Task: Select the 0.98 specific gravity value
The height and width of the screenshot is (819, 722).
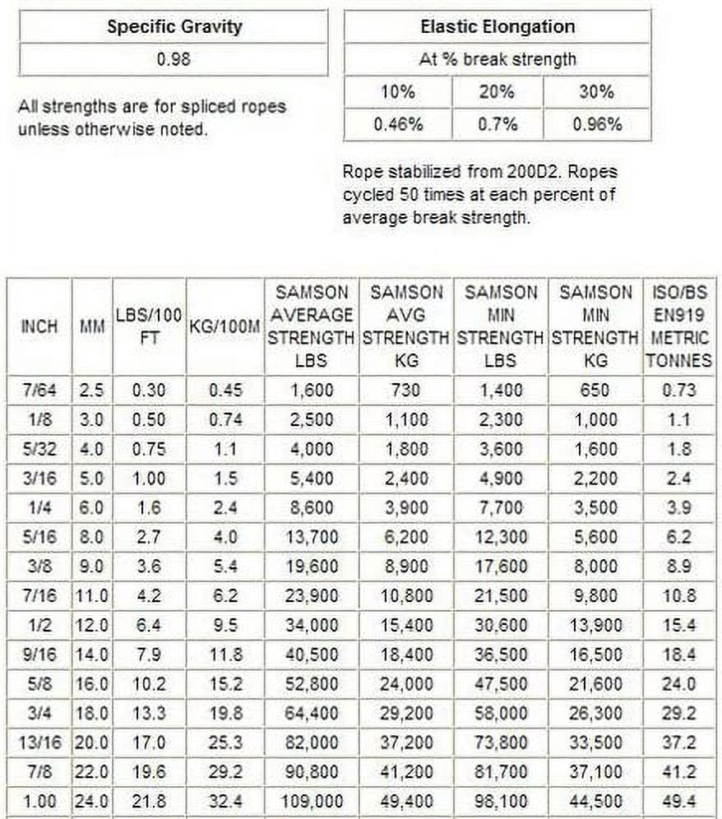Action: (173, 60)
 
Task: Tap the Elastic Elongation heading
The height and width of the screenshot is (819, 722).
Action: (497, 25)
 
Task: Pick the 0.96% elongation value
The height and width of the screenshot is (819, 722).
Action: (596, 124)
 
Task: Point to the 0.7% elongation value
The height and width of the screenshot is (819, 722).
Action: (497, 124)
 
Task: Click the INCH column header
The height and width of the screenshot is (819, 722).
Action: (39, 326)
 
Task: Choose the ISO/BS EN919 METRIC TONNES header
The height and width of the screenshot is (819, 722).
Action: (679, 326)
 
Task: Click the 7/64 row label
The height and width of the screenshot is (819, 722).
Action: (39, 390)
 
